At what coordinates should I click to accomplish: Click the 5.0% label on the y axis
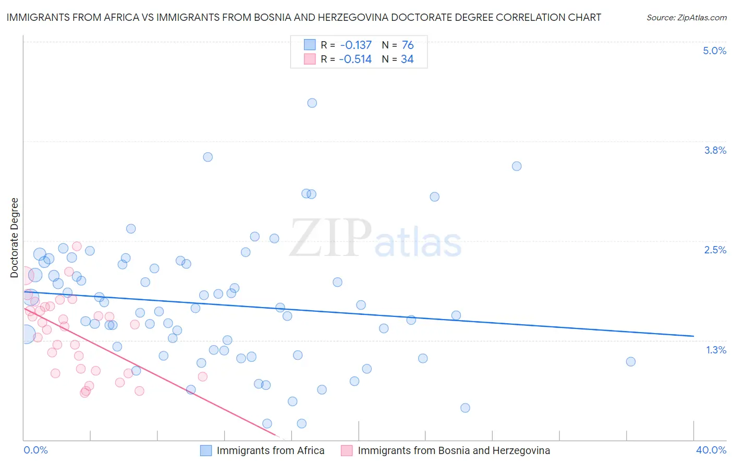[714, 51]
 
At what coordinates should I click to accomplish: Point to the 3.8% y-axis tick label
[715, 150]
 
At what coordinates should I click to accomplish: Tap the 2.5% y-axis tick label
[715, 250]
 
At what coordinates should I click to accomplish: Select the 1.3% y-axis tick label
[716, 350]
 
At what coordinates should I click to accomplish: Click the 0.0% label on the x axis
[35, 450]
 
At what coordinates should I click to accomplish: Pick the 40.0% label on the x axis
[711, 450]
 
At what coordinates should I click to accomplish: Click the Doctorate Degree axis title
[15, 238]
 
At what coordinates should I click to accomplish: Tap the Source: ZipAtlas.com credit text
[686, 18]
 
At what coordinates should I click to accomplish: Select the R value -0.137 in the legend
[356, 45]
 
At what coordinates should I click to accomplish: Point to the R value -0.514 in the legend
[355, 59]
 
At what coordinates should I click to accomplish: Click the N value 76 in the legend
[408, 45]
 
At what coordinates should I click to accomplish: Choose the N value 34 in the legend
[407, 59]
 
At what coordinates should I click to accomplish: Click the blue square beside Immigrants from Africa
[206, 450]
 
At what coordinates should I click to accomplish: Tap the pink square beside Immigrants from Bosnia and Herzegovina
[347, 450]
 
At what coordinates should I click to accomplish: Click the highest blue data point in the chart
[312, 103]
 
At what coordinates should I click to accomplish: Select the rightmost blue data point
[630, 362]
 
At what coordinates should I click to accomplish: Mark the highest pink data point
[77, 246]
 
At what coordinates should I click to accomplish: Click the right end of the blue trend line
[693, 336]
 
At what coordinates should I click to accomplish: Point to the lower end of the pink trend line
[275, 435]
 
